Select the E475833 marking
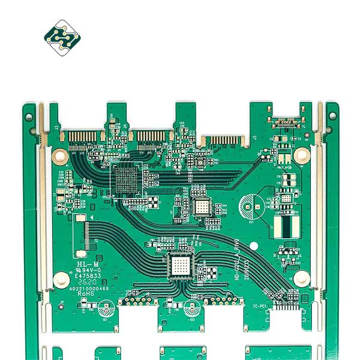[88, 276]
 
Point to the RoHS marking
[88, 294]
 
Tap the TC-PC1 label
[259, 306]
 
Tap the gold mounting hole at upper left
[60, 157]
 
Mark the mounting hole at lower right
[302, 277]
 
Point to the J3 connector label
[56, 127]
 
